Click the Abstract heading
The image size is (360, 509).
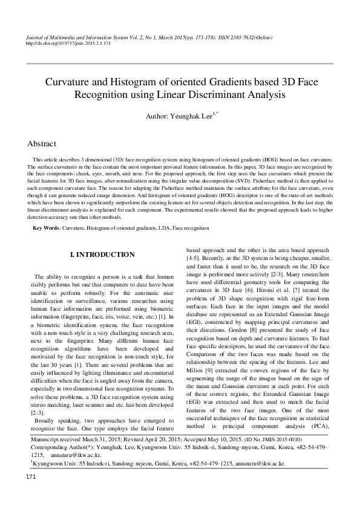pos(42,144)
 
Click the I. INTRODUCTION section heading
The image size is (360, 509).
pos(102,255)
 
